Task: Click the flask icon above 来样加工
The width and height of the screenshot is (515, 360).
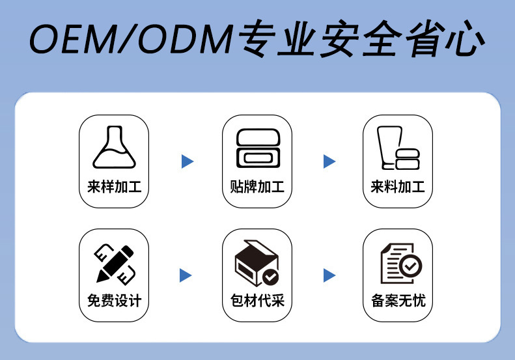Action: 113,148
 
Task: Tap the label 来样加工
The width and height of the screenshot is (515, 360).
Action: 114,188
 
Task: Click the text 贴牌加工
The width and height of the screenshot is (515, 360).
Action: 257,188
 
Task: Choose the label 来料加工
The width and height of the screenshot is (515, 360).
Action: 398,188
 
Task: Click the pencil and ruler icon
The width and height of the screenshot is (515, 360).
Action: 115,262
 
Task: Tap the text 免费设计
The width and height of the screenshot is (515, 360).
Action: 114,301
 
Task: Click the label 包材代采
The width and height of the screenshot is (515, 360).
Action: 257,301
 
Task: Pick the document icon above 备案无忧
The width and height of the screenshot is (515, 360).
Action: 400,264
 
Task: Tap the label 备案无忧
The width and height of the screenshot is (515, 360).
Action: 398,301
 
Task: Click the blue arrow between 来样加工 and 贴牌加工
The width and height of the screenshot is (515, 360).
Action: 188,161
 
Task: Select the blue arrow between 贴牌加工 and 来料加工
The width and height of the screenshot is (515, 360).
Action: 329,161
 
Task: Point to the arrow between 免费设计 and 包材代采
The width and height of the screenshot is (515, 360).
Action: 186,275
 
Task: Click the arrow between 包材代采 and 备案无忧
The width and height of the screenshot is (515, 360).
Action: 329,275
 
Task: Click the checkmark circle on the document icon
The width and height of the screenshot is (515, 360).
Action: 411,266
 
